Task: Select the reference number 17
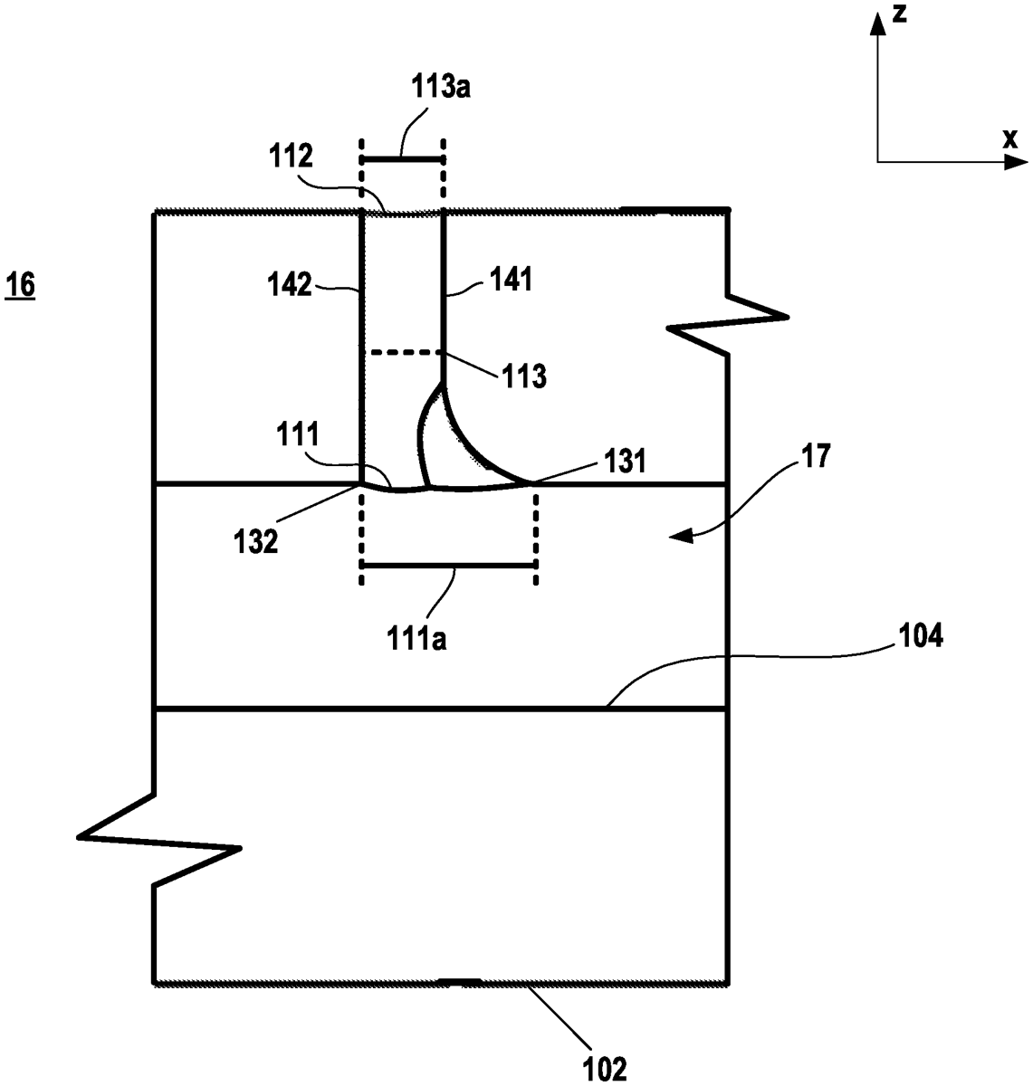(814, 455)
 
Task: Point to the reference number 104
(920, 636)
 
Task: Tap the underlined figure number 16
(21, 286)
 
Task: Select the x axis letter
(1009, 138)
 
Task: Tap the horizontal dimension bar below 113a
(402, 159)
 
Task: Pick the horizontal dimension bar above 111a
(449, 565)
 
